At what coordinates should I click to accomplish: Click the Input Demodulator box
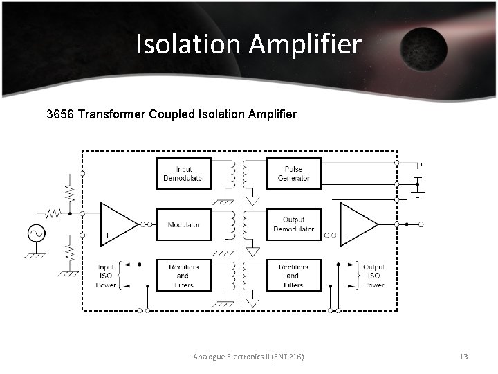183,174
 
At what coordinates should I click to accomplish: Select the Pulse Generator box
293,174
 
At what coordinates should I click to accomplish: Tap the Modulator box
183,224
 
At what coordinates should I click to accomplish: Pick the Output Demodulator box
293,224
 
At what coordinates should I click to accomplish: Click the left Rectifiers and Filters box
183,276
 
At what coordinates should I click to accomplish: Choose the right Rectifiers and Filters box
293,276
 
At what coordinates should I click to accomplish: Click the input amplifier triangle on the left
118,224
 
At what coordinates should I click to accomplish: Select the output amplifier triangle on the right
358,224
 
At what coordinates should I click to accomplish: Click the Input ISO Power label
106,276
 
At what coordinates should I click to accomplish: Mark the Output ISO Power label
373,276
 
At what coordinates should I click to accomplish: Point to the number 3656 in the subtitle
59,114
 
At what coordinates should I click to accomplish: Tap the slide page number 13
463,356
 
